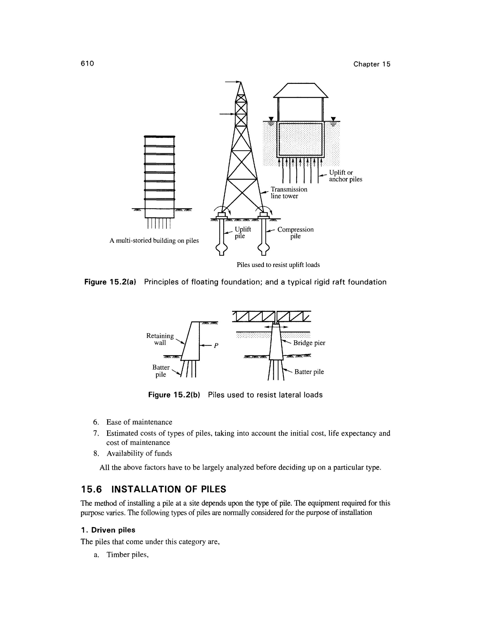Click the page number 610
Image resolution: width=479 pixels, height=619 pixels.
(87, 64)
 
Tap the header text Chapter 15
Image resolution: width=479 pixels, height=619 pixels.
(371, 64)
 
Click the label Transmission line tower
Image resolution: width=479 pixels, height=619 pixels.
(288, 192)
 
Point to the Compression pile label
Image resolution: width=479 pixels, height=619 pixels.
(295, 233)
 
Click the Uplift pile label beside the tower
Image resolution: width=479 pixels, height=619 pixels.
(242, 232)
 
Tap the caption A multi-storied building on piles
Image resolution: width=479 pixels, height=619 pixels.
(154, 241)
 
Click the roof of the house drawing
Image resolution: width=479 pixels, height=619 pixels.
(301, 90)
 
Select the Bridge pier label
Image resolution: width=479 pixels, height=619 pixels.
(309, 343)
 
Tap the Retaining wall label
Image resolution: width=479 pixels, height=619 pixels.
(160, 339)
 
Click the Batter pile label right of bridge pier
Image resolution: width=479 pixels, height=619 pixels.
(309, 372)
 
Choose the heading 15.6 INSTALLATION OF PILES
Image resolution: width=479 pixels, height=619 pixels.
(153, 489)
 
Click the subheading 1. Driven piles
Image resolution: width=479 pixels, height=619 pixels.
(108, 530)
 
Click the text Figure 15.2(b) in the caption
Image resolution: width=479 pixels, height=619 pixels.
(174, 395)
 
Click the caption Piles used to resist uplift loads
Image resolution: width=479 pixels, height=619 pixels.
(278, 265)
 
